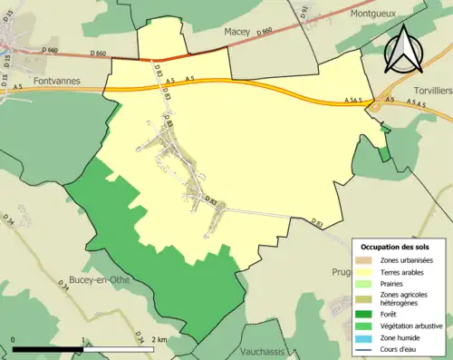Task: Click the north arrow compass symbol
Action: [405, 50]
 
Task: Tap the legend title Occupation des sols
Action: [395, 247]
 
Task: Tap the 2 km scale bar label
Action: [159, 340]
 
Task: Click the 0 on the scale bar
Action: [14, 340]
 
